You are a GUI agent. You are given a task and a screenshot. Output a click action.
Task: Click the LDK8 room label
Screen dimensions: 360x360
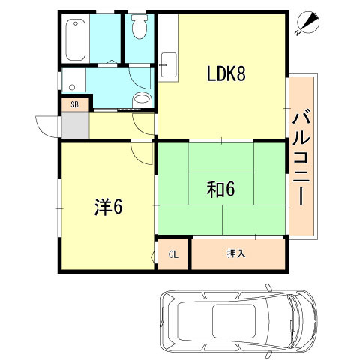click(226, 73)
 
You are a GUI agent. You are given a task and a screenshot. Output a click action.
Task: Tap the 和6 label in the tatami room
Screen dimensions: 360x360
click(220, 189)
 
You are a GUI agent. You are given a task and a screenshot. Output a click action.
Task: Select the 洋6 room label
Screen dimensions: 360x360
click(108, 207)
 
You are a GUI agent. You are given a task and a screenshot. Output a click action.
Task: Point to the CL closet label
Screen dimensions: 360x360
click(173, 254)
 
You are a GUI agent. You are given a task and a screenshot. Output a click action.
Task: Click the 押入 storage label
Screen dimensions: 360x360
click(236, 253)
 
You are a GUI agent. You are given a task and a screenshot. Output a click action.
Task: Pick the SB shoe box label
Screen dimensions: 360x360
click(74, 104)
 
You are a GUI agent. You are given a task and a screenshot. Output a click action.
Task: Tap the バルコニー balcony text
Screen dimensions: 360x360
click(301, 157)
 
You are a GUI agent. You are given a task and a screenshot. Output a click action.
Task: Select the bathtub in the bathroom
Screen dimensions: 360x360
click(76, 40)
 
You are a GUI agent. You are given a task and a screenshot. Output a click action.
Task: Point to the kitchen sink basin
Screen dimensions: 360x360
click(169, 64)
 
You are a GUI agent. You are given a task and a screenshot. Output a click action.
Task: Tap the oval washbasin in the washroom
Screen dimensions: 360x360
click(142, 100)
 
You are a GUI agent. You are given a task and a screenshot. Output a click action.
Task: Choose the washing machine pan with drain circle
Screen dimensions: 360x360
click(73, 79)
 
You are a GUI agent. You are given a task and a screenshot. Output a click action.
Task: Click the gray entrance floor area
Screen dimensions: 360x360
click(75, 124)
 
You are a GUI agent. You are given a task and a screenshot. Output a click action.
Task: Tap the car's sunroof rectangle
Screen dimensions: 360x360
click(234, 321)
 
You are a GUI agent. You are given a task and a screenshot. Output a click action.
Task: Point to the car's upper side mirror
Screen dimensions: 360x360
click(268, 288)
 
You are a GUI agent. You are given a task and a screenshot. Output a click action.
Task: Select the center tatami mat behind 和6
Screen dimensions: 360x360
click(221, 188)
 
